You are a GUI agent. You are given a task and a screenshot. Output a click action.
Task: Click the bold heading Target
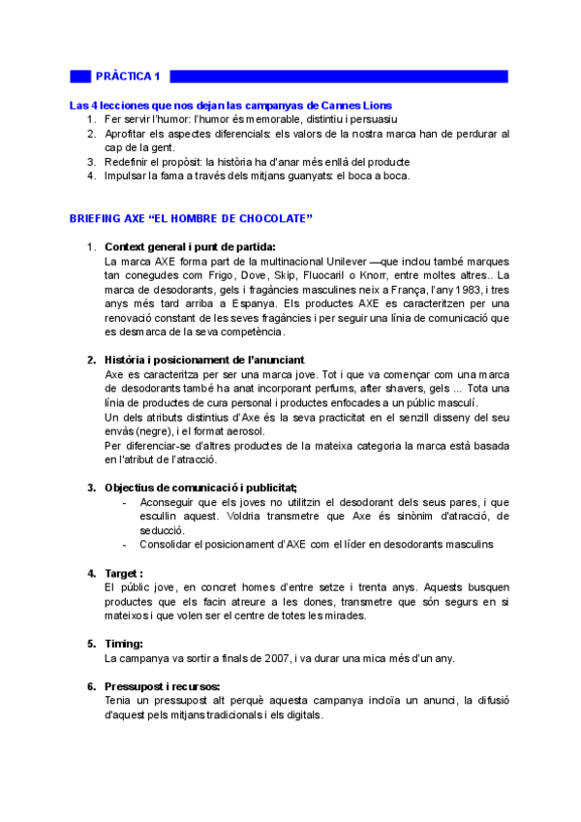coord(123,572)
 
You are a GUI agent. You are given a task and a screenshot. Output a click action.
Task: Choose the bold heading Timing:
coord(124,643)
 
